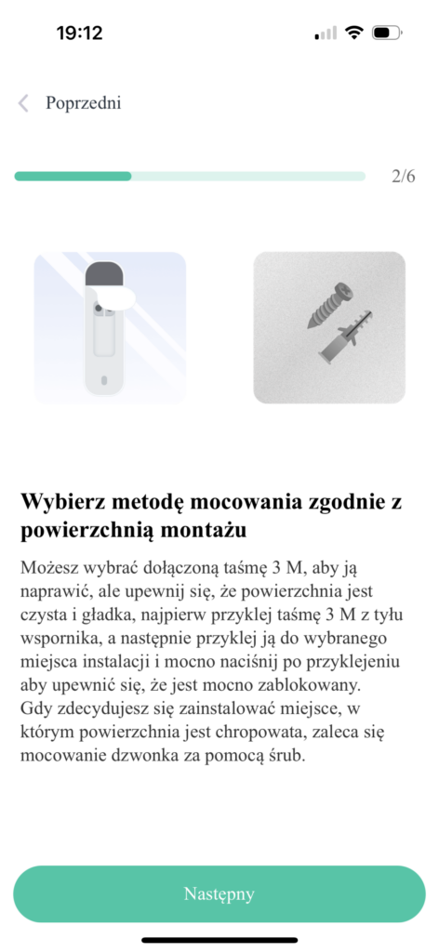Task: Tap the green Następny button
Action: (x=219, y=894)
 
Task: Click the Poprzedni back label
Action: (x=84, y=102)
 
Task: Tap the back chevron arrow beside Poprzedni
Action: (x=24, y=102)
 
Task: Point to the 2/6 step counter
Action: (x=404, y=176)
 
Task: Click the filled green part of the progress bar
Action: (x=73, y=176)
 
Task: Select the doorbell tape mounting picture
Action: (x=110, y=327)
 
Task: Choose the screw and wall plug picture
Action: (x=329, y=327)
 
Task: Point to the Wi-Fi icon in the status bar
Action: (x=353, y=33)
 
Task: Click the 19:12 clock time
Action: (x=79, y=33)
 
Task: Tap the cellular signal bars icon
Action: (x=326, y=33)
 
